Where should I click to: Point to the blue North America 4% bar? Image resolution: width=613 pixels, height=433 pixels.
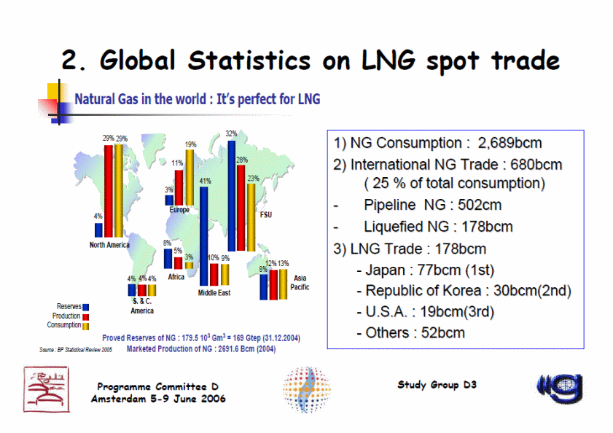(98, 230)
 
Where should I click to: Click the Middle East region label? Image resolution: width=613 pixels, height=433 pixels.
(214, 292)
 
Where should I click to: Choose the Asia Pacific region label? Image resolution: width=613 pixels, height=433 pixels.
(300, 283)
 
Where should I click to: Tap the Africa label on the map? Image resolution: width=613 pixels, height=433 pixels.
(176, 277)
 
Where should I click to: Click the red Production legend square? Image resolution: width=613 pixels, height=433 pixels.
(86, 316)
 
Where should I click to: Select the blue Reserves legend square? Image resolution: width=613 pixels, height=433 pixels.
(86, 307)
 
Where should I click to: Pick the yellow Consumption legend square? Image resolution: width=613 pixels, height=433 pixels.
(86, 326)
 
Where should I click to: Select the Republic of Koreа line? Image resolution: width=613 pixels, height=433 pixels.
(464, 291)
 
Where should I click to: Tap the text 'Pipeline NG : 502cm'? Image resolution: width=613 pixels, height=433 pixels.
(432, 206)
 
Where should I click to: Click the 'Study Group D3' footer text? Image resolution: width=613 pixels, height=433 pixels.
(437, 384)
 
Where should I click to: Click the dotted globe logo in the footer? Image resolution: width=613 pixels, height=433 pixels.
(308, 390)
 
